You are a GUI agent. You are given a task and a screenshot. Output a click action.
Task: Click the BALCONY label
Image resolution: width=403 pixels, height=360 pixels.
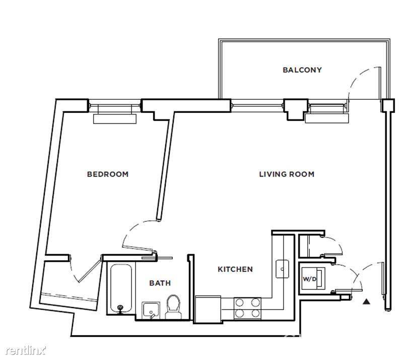(302, 70)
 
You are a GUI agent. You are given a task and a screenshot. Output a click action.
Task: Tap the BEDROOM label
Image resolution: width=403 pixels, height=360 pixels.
(108, 174)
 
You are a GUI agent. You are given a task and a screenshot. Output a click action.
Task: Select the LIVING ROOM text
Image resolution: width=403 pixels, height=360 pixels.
(287, 174)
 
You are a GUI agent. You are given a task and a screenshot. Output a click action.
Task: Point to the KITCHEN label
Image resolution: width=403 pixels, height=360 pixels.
(235, 269)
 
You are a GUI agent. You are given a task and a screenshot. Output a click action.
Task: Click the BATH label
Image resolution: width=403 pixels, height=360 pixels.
(160, 283)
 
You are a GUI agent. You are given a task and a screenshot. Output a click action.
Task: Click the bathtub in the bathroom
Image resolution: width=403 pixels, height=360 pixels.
(121, 289)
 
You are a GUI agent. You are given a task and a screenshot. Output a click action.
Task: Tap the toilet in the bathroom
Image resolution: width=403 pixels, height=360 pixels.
(173, 307)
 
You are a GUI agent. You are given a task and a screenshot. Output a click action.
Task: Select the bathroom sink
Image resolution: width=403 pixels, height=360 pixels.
(151, 311)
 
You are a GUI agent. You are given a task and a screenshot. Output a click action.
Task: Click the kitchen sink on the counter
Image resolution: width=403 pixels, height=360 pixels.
(282, 269)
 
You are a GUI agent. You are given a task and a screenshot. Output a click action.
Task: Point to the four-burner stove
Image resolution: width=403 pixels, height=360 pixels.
(247, 308)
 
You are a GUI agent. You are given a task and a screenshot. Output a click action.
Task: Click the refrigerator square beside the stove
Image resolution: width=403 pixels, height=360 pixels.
(208, 309)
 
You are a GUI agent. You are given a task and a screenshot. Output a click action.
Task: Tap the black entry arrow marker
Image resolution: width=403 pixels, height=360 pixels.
(366, 302)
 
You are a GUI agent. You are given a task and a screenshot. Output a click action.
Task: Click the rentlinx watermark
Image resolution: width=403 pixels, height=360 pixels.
(26, 350)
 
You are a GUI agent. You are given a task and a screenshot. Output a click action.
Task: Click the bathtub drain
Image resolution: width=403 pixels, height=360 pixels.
(120, 307)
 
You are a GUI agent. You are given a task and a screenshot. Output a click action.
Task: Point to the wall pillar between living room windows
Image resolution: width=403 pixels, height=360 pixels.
(296, 109)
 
